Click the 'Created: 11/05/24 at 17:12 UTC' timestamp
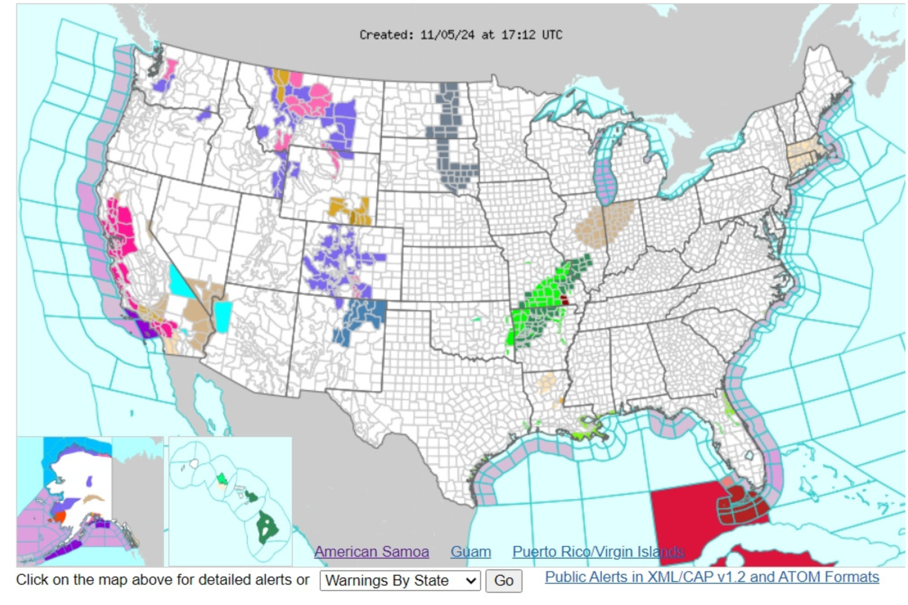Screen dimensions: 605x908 coord(461,35)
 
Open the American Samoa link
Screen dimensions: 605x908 coord(371,552)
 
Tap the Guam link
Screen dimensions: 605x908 coord(470,552)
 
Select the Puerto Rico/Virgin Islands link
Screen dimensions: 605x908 coord(597,552)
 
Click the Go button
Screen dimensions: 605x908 coord(503,581)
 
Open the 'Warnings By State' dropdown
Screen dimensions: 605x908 coord(400,581)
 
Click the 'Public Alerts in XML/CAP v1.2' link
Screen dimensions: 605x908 coord(712,577)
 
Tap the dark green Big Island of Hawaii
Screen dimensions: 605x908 coord(267,526)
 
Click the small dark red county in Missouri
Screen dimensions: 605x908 coord(564,300)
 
